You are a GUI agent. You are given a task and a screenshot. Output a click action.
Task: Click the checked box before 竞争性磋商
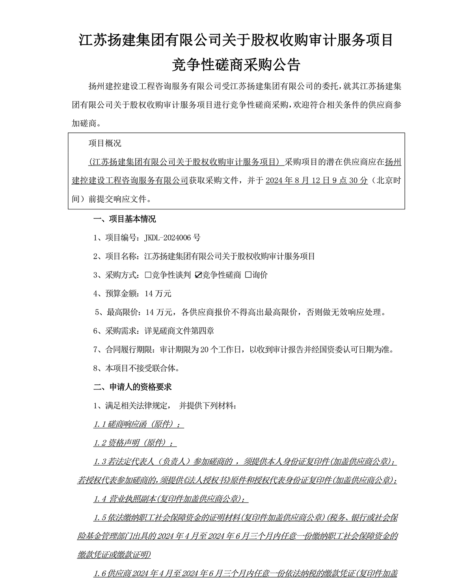(199, 275)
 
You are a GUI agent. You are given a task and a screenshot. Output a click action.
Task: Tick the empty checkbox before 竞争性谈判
(148, 275)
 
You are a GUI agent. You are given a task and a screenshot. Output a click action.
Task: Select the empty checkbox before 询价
(248, 275)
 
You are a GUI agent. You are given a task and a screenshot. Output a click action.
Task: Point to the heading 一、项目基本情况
(124, 219)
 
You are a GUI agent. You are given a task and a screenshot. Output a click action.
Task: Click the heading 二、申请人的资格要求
(132, 387)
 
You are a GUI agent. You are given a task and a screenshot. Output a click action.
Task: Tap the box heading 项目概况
(105, 143)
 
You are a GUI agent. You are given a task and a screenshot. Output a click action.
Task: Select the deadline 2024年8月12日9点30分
(317, 181)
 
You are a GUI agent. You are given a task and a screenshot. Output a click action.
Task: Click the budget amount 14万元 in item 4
(158, 294)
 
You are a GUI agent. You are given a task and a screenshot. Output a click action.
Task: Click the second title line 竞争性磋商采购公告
(236, 65)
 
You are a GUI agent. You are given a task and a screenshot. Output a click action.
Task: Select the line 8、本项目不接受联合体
(136, 369)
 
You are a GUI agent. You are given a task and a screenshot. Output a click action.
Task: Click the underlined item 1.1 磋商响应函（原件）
(138, 425)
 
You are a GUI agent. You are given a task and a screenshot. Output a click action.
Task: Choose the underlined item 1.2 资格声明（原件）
(134, 443)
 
